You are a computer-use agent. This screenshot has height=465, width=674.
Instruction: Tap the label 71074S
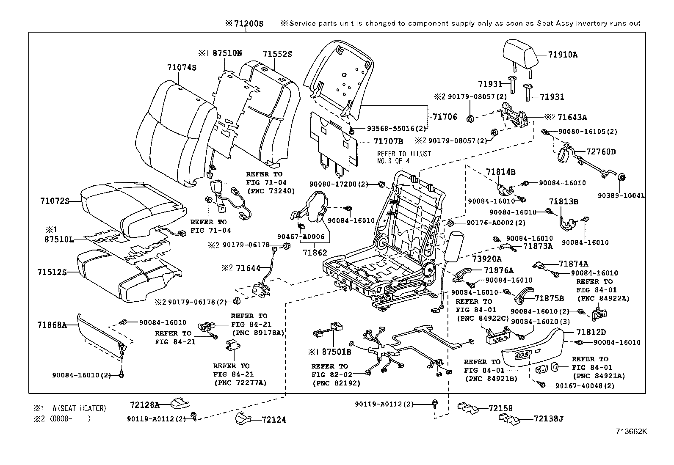(x=182, y=68)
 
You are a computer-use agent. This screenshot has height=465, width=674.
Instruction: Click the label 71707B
(x=388, y=141)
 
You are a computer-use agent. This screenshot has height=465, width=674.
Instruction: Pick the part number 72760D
(x=601, y=151)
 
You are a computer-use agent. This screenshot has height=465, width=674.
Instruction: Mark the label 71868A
(x=52, y=325)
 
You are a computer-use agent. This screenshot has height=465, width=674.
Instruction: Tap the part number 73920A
(x=487, y=259)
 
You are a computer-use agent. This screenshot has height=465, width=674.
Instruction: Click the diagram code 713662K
(x=632, y=432)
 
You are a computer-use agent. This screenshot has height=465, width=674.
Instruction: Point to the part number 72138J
(x=548, y=419)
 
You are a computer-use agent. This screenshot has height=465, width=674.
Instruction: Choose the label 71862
(x=315, y=253)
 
